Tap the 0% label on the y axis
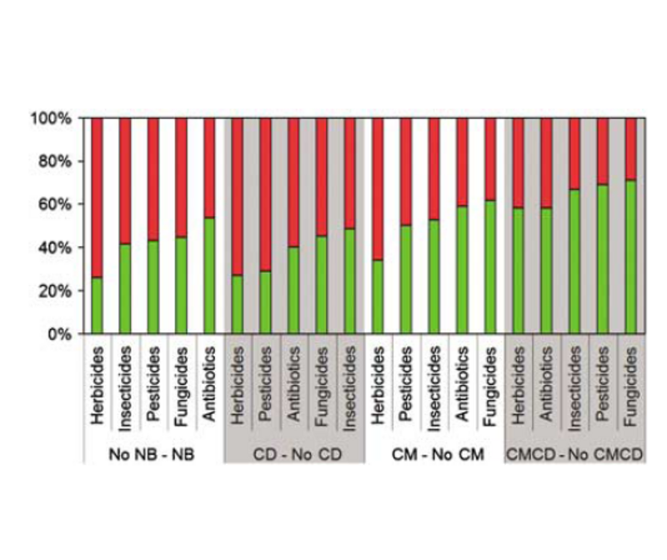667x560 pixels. tap(63, 335)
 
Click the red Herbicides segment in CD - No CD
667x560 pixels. tap(237, 196)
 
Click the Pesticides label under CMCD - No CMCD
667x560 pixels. tap(602, 386)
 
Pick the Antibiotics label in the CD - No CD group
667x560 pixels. tap(293, 386)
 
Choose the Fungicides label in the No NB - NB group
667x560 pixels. tap(181, 386)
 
